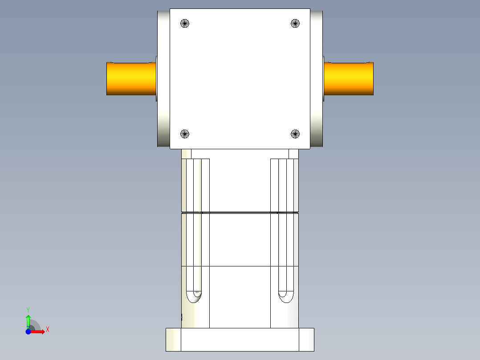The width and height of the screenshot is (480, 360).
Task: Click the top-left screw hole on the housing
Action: click(x=185, y=24)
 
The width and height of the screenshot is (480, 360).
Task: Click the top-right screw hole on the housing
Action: click(x=295, y=24)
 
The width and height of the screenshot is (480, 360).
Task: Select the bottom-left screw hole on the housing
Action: click(x=185, y=134)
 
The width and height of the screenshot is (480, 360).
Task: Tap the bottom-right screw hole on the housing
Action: click(x=295, y=134)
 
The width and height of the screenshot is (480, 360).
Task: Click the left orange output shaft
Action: click(x=131, y=78)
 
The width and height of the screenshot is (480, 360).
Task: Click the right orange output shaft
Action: click(x=348, y=78)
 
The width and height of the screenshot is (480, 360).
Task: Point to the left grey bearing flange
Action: click(x=163, y=78)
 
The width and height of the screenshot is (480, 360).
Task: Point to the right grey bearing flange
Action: click(x=317, y=78)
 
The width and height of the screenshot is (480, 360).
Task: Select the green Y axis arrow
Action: click(x=28, y=320)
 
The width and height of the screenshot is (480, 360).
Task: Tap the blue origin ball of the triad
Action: click(x=28, y=331)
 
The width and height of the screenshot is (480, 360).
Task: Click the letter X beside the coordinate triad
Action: click(x=48, y=330)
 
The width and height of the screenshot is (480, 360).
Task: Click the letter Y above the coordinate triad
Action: click(x=28, y=309)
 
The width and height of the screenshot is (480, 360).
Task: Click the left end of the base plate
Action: click(x=173, y=340)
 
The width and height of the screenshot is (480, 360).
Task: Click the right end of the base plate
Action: click(x=306, y=340)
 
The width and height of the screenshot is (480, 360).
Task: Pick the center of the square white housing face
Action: click(x=240, y=78)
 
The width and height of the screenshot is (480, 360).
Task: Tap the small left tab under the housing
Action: click(x=186, y=154)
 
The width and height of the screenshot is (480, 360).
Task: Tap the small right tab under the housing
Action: click(x=293, y=154)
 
